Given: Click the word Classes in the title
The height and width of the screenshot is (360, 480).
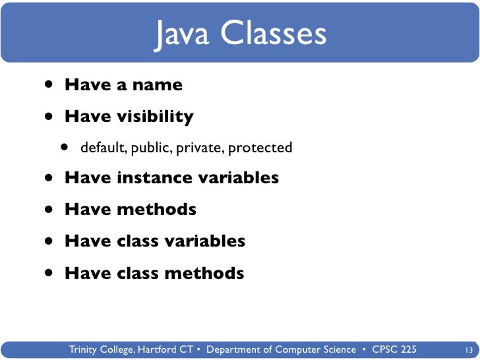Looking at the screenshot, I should [273, 34].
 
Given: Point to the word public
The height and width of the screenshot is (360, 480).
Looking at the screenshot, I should [152, 148].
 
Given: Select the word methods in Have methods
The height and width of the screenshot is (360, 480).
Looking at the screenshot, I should [156, 210].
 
